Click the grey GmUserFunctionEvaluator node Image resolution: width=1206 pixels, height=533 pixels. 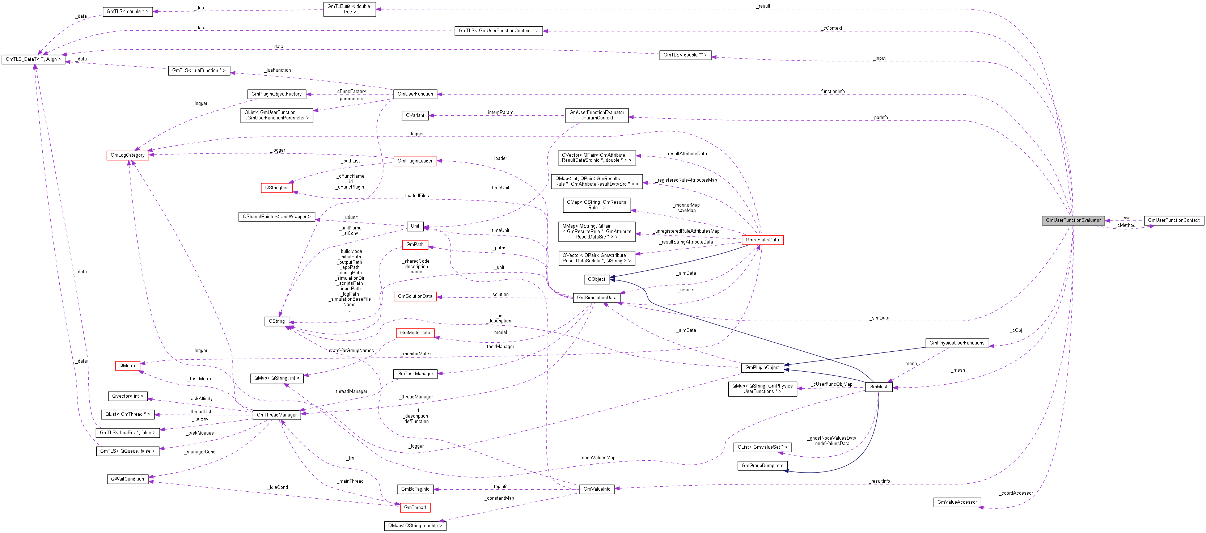[1073, 220]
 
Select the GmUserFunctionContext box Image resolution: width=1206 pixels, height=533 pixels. [1174, 220]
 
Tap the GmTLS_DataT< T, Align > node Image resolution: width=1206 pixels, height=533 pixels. [33, 59]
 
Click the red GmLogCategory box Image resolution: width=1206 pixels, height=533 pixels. [127, 155]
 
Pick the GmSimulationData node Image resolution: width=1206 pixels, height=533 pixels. [596, 297]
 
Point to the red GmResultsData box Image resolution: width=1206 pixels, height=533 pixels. [762, 240]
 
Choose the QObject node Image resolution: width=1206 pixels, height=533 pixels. [596, 279]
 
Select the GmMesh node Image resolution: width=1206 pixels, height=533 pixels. [879, 386]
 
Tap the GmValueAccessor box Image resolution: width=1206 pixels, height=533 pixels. [957, 502]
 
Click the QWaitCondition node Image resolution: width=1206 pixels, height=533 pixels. [127, 479]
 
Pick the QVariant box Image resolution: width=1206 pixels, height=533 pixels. [415, 115]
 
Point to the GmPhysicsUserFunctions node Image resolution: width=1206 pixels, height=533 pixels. [957, 343]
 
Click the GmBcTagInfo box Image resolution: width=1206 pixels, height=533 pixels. [415, 489]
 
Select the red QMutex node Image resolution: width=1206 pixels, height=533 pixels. [127, 365]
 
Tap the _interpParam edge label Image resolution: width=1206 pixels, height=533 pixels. [500, 113]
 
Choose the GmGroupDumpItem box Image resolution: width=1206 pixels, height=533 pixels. [762, 466]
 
